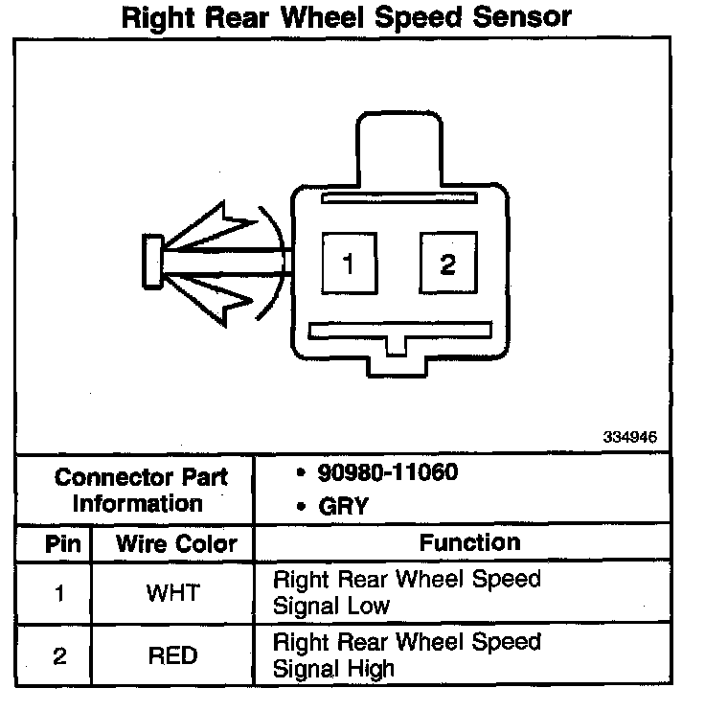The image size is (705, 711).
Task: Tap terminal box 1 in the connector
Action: [x=349, y=264]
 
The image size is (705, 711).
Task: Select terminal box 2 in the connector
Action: [x=447, y=264]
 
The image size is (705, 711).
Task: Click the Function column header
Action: [x=469, y=542]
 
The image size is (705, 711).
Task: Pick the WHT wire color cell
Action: [x=172, y=593]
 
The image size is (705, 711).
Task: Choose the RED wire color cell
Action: [x=172, y=656]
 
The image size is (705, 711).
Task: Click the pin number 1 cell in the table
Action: [x=59, y=593]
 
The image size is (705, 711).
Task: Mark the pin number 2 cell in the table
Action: [x=59, y=656]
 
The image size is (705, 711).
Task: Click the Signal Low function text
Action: [x=331, y=606]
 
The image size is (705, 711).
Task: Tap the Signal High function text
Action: [x=334, y=668]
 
